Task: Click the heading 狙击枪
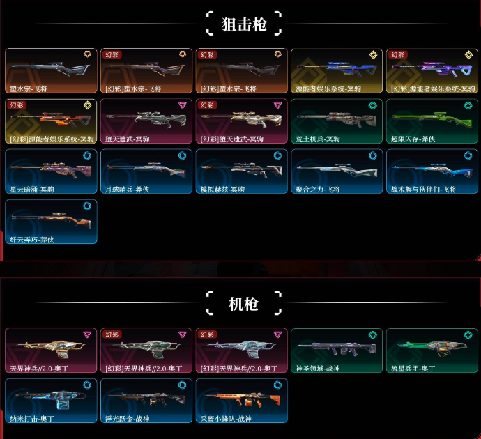click(243, 24)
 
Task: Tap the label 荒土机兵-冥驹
click(319, 139)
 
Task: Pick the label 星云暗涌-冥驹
click(33, 189)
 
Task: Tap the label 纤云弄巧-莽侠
click(32, 239)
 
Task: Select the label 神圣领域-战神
click(319, 368)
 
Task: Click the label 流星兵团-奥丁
click(413, 368)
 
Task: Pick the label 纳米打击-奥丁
click(33, 418)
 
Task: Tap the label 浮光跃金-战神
click(129, 418)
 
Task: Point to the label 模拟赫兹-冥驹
click(224, 189)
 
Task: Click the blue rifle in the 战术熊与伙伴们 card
click(429, 169)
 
